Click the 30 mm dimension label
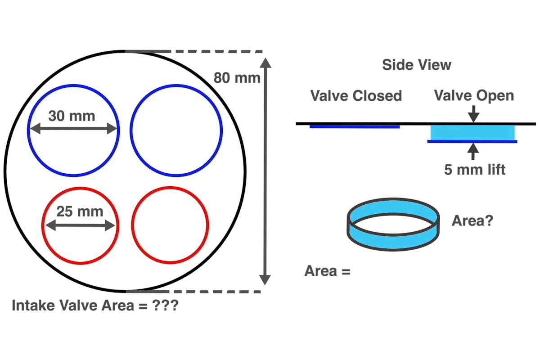click(x=72, y=116)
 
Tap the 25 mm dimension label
click(x=80, y=211)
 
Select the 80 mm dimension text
click(x=237, y=78)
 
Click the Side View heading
click(x=417, y=65)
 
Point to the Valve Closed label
click(x=356, y=96)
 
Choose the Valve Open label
click(x=474, y=96)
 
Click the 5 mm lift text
click(x=475, y=170)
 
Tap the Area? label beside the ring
click(x=472, y=221)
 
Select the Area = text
click(x=327, y=271)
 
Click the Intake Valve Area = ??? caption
click(x=95, y=306)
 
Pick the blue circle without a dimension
click(x=176, y=130)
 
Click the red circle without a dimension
click(x=171, y=225)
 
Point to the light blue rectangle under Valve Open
click(x=472, y=132)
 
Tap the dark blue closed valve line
click(x=355, y=127)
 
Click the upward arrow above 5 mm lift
click(x=473, y=151)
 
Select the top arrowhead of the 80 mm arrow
click(x=265, y=63)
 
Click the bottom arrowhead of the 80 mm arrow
click(x=265, y=279)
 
